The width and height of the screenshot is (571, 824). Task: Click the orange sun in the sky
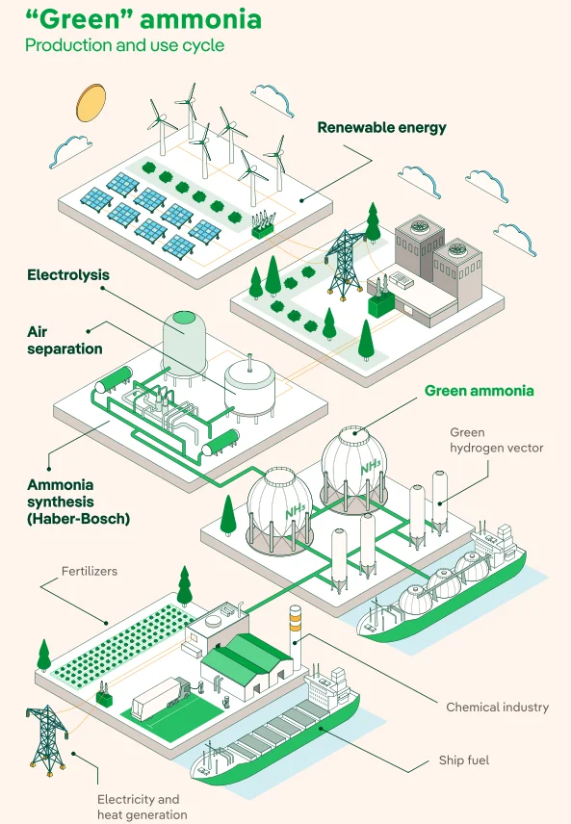[91, 102]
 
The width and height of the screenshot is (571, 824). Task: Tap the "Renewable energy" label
[381, 128]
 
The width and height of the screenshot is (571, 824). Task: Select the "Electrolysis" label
[68, 275]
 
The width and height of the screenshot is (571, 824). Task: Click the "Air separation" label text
[65, 341]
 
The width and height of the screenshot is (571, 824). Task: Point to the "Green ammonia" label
[479, 391]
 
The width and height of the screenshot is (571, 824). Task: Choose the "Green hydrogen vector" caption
[496, 440]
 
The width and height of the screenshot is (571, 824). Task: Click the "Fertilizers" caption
[90, 571]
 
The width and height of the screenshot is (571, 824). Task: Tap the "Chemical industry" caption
[498, 708]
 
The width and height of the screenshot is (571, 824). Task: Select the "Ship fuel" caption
[464, 760]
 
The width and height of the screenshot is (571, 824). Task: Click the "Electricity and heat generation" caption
[142, 808]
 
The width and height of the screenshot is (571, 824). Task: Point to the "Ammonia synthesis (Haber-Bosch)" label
[78, 502]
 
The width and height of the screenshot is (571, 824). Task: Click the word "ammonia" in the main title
[201, 19]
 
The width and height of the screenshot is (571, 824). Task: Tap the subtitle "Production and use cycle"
[124, 45]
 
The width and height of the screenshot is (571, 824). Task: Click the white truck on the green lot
[161, 697]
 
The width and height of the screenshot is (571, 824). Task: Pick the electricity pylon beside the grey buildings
[345, 262]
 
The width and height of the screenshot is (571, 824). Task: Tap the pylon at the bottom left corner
[47, 739]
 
